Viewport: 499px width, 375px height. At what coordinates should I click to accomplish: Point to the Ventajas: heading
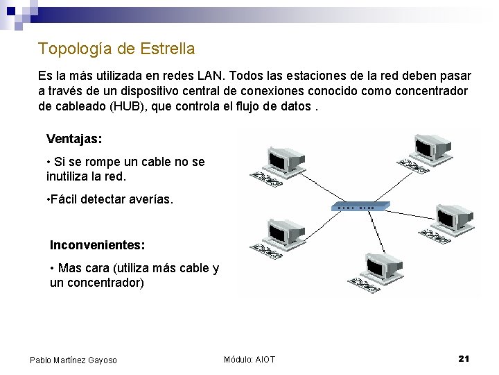click(74, 139)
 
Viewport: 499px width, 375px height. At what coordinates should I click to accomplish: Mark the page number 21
click(464, 358)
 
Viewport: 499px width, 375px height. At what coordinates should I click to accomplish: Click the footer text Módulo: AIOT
click(249, 359)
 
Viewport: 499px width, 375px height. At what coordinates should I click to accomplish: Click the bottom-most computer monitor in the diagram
click(383, 265)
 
